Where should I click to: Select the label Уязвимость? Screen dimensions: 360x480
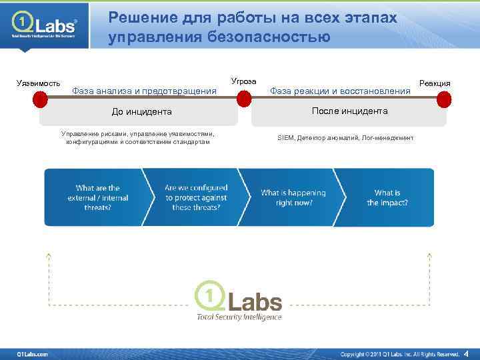(38, 83)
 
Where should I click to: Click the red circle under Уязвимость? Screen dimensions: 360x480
(40, 99)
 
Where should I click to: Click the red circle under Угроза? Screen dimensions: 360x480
(244, 99)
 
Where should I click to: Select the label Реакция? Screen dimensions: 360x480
(435, 83)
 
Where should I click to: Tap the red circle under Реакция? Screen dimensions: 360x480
(444, 99)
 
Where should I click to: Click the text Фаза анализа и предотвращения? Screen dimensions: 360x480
(144, 91)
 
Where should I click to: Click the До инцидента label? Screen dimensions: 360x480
(141, 112)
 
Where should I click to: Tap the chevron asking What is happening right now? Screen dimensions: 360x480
(293, 197)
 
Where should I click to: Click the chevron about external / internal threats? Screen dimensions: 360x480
(97, 197)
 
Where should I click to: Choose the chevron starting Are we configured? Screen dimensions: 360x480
(196, 197)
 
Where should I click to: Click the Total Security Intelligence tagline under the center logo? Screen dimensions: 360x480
(239, 317)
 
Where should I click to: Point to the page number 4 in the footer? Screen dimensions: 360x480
(466, 353)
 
